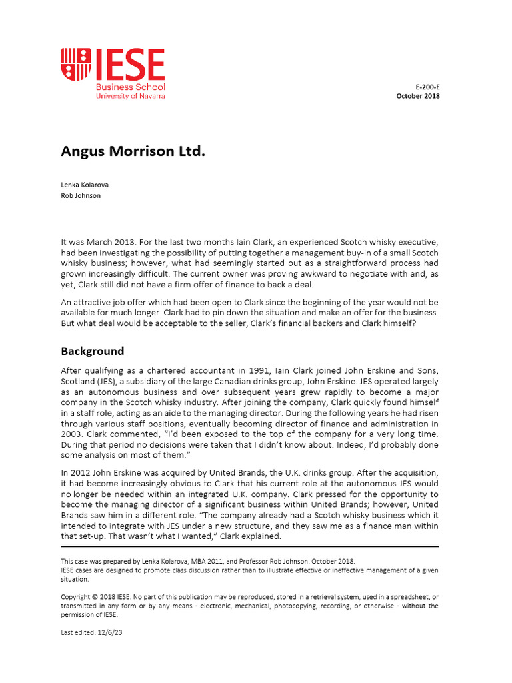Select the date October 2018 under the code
(418, 96)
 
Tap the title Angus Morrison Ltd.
(133, 151)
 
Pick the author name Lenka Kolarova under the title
(84, 184)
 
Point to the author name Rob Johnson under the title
(81, 195)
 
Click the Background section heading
(92, 351)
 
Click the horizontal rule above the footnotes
(249, 546)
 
